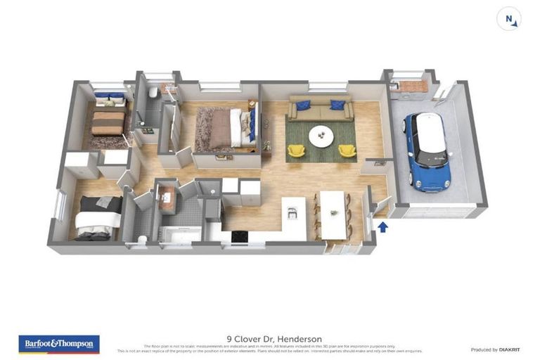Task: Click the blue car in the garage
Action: (x=426, y=151)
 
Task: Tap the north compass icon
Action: (x=509, y=19)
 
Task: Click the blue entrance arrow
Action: (x=383, y=226)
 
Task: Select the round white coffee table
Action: (x=322, y=134)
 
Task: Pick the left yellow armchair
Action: (x=297, y=150)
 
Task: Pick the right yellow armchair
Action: (x=347, y=150)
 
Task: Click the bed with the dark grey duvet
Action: (x=98, y=217)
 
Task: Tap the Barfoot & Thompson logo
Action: (x=59, y=344)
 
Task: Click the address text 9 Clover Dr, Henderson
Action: (x=269, y=339)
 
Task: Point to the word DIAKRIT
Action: (x=508, y=349)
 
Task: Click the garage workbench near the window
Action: (x=408, y=87)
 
